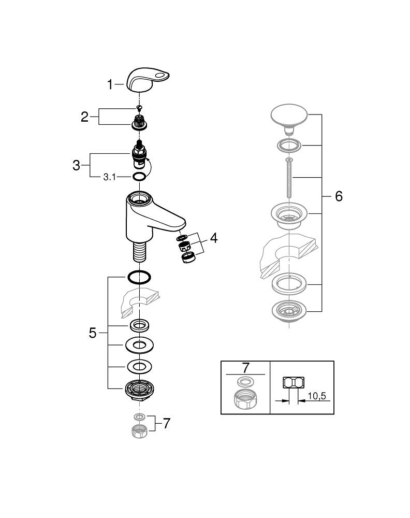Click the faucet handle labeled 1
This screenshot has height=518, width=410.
pos(149,80)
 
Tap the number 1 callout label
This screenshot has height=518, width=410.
pos(110,84)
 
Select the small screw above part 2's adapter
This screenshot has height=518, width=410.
pos(138,108)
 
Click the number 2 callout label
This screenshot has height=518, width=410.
pos(85,117)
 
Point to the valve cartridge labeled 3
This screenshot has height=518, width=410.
pos(139,154)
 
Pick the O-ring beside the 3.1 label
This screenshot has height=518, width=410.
pos(139,178)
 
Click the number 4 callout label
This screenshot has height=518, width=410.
pos(213,238)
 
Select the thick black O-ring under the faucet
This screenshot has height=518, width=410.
pos(139,277)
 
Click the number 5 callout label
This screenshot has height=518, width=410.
pos(93,333)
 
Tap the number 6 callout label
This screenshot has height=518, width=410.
pos(339,196)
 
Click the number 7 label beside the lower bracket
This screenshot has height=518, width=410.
pos(166,424)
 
